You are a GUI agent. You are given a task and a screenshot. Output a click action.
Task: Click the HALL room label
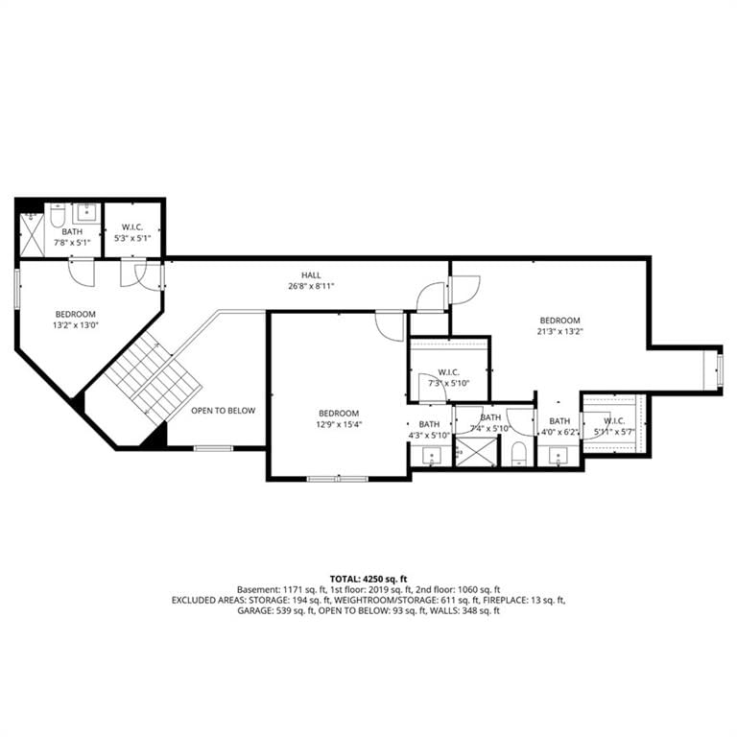311,275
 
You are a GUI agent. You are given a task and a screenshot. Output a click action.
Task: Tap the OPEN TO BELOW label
223,411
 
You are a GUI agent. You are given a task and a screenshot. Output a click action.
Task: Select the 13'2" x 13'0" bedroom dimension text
75,324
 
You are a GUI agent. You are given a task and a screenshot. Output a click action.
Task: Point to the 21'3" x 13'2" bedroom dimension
559,331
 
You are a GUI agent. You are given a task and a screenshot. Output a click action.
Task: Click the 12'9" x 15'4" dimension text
339,424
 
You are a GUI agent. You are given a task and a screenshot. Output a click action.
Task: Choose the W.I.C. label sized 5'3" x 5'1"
132,227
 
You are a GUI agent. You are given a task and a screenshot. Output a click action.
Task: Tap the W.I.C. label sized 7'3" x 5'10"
448,372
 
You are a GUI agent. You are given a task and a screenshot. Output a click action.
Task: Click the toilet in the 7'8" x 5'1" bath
58,215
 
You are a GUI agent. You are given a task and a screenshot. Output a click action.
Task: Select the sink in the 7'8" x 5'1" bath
87,213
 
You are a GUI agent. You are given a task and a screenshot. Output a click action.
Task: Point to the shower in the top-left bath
32,235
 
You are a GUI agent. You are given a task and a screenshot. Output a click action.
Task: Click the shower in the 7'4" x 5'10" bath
476,452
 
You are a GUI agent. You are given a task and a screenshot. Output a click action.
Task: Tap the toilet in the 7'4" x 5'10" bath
518,454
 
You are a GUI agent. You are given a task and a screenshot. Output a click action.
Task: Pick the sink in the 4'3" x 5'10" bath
432,456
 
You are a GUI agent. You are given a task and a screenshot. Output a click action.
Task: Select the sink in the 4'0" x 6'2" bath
559,456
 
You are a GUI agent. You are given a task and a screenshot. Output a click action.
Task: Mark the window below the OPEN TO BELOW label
213,448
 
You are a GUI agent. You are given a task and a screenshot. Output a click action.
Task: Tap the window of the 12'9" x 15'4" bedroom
338,479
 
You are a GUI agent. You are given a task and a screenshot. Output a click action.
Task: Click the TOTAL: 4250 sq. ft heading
368,579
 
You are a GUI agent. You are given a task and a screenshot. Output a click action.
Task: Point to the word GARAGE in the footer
252,611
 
